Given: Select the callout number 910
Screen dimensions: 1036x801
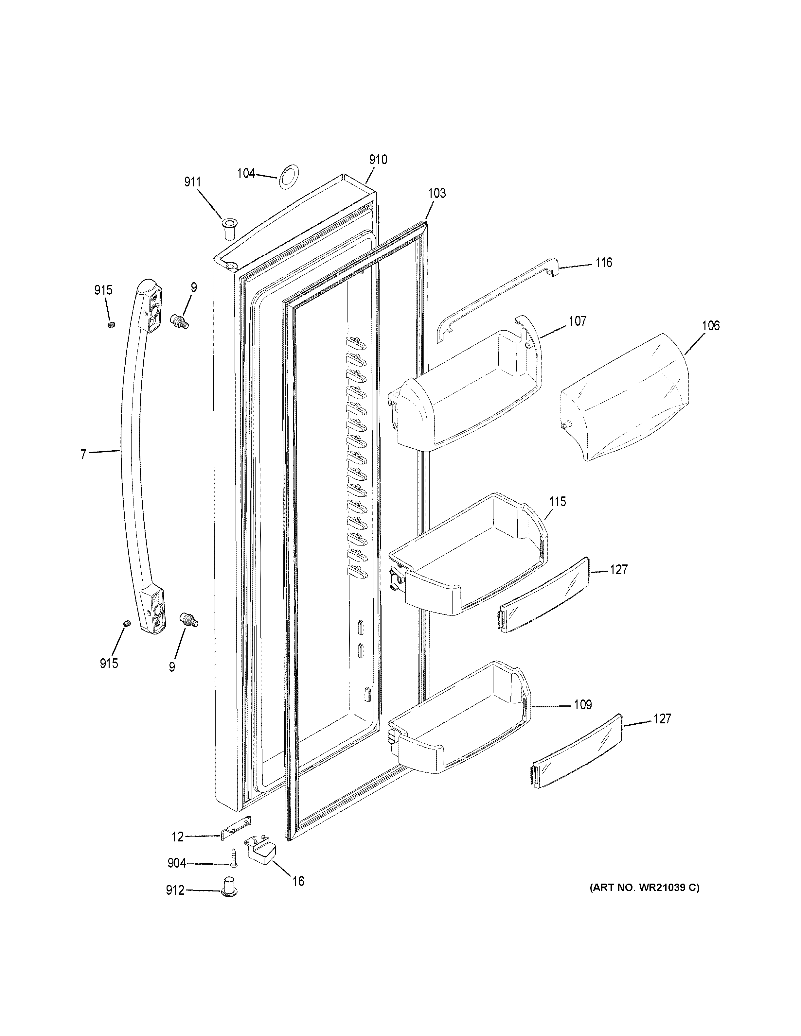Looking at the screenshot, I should (378, 160).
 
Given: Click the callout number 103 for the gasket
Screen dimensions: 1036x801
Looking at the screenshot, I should (437, 193).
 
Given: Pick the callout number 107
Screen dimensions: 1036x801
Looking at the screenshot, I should (578, 321).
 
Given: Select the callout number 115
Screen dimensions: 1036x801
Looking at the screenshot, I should (558, 501).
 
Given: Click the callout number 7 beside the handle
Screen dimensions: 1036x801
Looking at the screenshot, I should (83, 455).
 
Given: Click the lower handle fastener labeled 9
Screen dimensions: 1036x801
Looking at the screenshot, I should (188, 619).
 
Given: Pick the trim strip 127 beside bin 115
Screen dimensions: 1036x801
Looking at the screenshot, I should (543, 595).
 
